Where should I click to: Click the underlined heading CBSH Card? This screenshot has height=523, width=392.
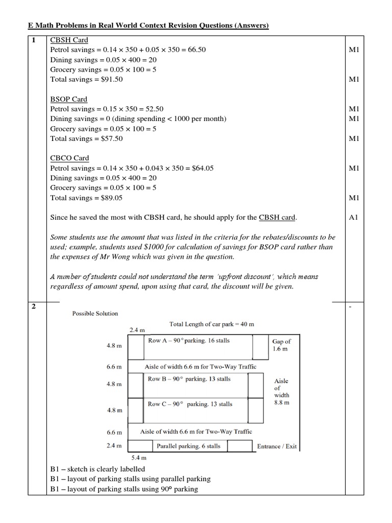(69, 40)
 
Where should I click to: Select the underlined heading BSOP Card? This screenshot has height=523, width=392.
(69, 99)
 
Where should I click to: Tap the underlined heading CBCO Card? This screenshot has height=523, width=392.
(70, 158)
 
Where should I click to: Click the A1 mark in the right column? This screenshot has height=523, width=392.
(354, 218)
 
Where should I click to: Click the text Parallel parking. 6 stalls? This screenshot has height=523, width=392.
(188, 446)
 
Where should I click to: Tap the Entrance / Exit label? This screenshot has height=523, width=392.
(277, 446)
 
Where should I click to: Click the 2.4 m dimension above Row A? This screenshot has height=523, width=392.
(137, 330)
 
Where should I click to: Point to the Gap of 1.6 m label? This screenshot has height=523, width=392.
(281, 345)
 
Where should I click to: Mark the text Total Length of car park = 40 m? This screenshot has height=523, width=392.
(211, 324)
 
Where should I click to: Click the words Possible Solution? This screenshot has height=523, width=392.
(95, 314)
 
